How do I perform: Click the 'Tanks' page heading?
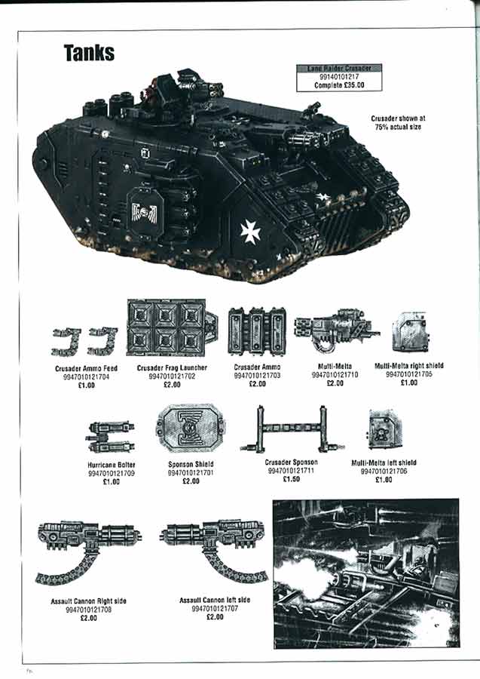coord(89,52)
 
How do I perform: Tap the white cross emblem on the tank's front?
coord(249,231)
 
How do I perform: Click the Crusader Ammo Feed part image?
coord(85,341)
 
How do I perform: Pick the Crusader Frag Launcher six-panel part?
coord(167,328)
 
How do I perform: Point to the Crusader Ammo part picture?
coord(256,330)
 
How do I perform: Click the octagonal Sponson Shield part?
coord(191,428)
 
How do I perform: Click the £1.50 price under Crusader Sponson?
coord(291,479)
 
